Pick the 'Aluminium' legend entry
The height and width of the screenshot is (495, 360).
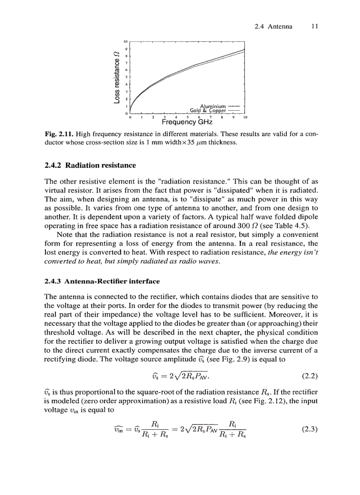click(x=213, y=106)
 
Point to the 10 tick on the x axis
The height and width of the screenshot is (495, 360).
click(x=245, y=117)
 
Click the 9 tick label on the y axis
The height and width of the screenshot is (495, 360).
click(x=126, y=49)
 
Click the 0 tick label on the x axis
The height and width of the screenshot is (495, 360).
click(x=130, y=117)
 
